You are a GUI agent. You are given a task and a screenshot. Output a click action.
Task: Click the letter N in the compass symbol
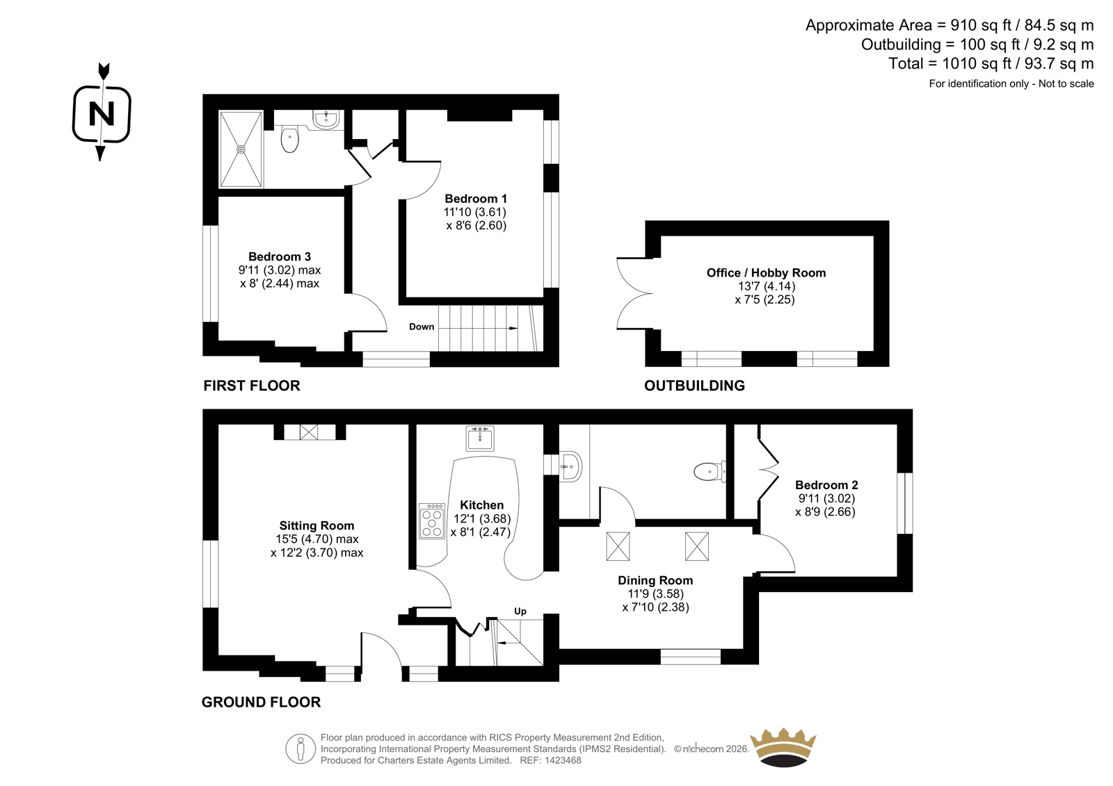102,114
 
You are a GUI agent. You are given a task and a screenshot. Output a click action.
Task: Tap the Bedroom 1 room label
476,199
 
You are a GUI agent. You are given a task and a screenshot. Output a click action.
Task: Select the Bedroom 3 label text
279,256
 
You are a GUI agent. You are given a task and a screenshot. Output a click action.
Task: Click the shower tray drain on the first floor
241,149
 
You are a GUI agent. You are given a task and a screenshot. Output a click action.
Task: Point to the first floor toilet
289,139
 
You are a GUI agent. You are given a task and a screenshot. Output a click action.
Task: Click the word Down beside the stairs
422,327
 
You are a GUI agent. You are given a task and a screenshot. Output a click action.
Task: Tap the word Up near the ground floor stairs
520,612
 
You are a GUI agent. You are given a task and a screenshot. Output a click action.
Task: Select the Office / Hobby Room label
766,272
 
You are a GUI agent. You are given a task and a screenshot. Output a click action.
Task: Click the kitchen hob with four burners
432,521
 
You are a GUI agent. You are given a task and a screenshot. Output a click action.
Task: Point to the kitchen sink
480,438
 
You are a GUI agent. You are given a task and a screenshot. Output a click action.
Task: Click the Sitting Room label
317,525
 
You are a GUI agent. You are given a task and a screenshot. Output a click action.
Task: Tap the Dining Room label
655,580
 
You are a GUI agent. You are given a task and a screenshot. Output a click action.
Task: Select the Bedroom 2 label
826,484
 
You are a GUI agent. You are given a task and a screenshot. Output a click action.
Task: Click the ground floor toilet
710,472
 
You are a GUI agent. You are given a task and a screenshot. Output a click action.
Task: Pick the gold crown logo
783,748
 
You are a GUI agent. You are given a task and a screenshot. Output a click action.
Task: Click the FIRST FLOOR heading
251,386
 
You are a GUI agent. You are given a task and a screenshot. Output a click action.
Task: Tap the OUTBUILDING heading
694,386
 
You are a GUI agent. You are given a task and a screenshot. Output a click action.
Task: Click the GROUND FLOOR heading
261,702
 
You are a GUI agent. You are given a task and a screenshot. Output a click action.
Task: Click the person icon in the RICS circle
300,748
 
